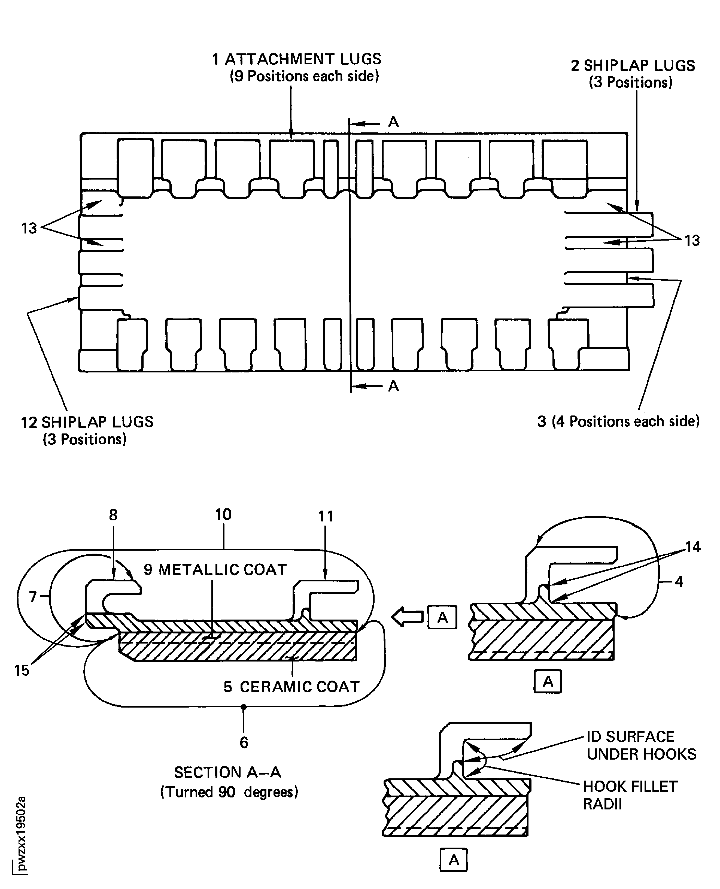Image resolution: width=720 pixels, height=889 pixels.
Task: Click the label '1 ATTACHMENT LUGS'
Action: coord(297,59)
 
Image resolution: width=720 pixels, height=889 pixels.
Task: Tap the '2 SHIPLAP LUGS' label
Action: coord(633,66)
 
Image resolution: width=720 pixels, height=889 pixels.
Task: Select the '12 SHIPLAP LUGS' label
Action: coord(87,422)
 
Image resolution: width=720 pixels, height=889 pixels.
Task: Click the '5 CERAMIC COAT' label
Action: coord(291,687)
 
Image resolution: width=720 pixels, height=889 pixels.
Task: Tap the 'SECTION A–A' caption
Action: coord(227,772)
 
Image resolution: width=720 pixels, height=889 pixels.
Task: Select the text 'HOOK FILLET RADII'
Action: coord(630,795)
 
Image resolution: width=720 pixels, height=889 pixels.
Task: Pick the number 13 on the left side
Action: coord(29,228)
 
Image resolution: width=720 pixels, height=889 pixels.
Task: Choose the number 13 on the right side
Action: coord(692,241)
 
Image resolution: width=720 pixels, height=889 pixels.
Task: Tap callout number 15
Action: coord(22,670)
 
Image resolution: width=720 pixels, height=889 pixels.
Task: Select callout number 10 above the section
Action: coord(223,515)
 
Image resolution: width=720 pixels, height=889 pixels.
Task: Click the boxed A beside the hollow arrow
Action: coord(442,618)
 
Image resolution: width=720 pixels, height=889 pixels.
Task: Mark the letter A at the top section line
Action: coord(393,122)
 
